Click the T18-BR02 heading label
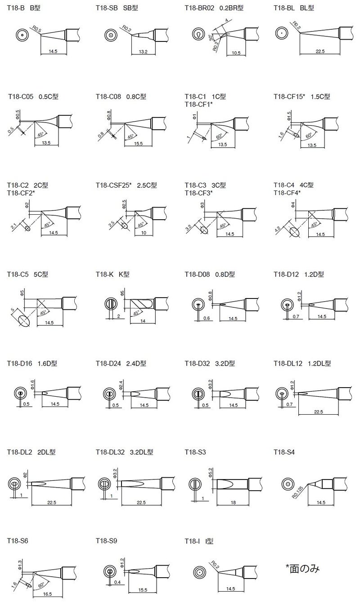point(199,8)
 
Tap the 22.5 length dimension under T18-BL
point(320,51)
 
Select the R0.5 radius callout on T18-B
point(37,29)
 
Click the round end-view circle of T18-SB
point(111,35)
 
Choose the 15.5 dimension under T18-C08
point(138,144)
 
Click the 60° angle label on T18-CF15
point(309,136)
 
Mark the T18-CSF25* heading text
point(113,185)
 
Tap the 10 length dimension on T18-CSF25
point(144,233)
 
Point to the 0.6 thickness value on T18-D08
point(207,318)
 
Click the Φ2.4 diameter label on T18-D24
point(121,384)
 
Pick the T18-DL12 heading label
point(288,364)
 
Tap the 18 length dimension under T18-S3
point(233,502)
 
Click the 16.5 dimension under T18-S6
point(47,594)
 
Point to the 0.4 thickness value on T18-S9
point(117,582)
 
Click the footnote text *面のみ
point(303,568)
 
